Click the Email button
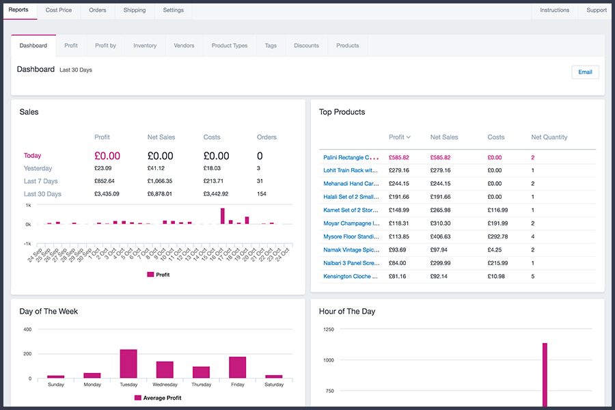click(x=585, y=72)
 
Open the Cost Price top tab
click(x=59, y=10)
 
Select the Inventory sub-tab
click(x=145, y=46)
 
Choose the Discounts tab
click(x=306, y=46)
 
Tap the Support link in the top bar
click(x=597, y=10)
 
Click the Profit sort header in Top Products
click(x=399, y=137)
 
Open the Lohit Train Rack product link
click(x=351, y=170)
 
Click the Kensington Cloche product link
click(x=351, y=276)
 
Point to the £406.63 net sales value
click(x=441, y=236)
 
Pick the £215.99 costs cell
click(x=497, y=263)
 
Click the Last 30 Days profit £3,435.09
click(x=107, y=194)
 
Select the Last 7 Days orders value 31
click(x=260, y=181)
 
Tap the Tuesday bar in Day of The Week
click(x=128, y=364)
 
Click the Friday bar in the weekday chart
click(x=238, y=367)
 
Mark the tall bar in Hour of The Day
click(x=545, y=374)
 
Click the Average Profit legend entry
click(x=158, y=398)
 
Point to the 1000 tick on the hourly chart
click(x=329, y=360)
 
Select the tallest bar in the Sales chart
click(x=223, y=216)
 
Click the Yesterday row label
click(x=38, y=168)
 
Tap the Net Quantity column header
click(x=549, y=137)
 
